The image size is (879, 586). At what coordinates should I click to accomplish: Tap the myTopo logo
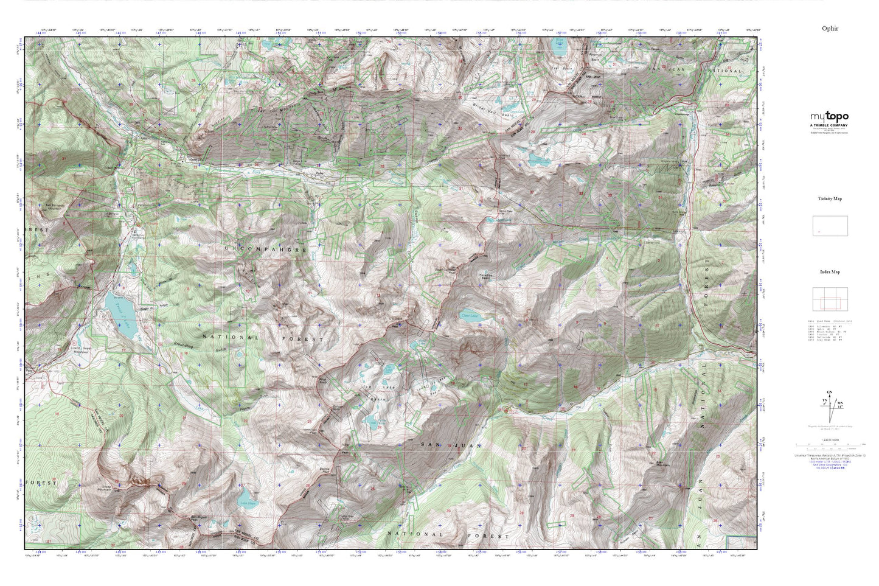click(x=829, y=117)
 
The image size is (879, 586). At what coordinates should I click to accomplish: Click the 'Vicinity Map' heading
click(x=830, y=198)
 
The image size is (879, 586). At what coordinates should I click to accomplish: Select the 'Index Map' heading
click(x=830, y=272)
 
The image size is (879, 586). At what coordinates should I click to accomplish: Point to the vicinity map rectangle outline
click(x=830, y=226)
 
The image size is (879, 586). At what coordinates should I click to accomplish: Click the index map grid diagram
click(x=830, y=299)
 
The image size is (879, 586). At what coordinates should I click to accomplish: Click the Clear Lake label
click(x=467, y=316)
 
